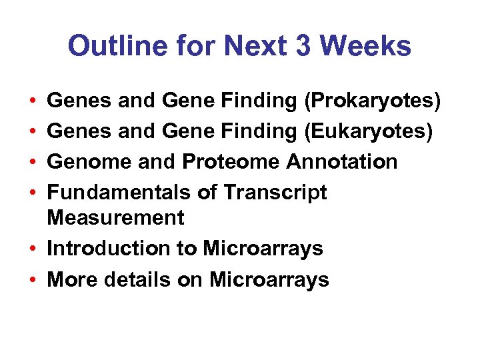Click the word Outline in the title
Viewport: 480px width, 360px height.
coord(107,46)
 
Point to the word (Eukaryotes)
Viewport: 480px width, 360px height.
coord(369,131)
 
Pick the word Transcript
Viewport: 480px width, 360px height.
coord(275,192)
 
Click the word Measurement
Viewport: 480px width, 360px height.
coord(116,217)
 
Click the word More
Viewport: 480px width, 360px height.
coord(72,280)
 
